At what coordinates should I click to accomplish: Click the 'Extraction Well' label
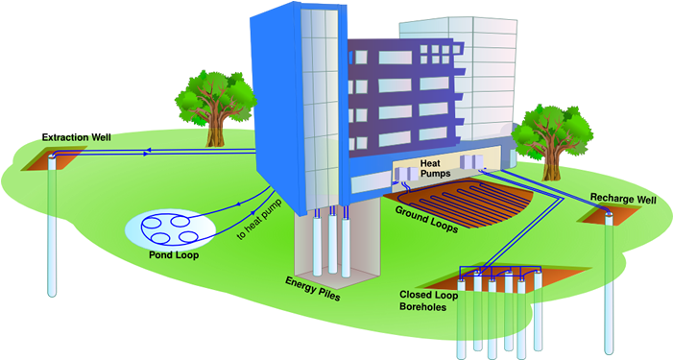point(77,138)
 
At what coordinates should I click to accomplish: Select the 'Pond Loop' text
point(172,255)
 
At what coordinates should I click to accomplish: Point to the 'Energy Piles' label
point(312,288)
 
